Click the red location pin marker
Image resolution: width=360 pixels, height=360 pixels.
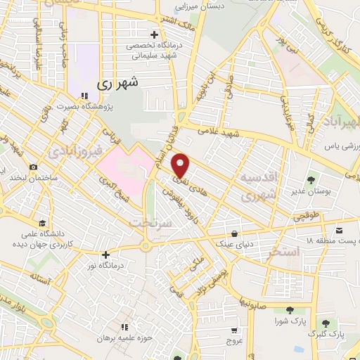(181, 165)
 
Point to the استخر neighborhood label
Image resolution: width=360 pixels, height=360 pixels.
(279, 252)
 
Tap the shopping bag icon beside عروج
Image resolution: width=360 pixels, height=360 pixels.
(234, 328)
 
